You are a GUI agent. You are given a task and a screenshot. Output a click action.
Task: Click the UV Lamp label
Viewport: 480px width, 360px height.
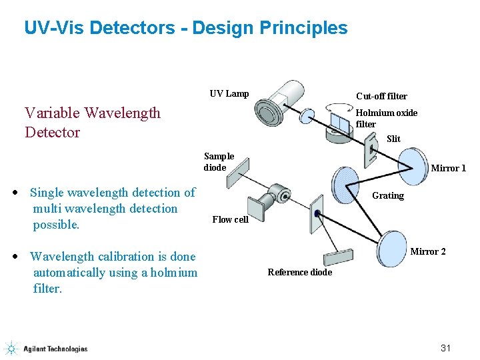pyautogui.click(x=229, y=93)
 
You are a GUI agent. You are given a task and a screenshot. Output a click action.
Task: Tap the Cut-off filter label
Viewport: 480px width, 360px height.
pyautogui.click(x=381, y=96)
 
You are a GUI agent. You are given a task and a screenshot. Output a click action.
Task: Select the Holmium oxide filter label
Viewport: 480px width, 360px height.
pyautogui.click(x=386, y=118)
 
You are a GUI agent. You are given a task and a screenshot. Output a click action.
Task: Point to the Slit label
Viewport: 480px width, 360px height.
pyautogui.click(x=393, y=139)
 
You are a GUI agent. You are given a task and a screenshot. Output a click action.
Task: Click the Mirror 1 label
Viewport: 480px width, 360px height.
pyautogui.click(x=448, y=168)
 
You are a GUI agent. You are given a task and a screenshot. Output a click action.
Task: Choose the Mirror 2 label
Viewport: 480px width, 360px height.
pyautogui.click(x=427, y=251)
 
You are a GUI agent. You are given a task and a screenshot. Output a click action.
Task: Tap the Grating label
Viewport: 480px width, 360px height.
pyautogui.click(x=387, y=195)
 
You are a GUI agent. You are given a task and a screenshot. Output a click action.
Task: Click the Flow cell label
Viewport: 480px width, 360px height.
pyautogui.click(x=230, y=219)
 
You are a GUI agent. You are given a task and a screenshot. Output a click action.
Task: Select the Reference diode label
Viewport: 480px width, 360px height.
pyautogui.click(x=299, y=272)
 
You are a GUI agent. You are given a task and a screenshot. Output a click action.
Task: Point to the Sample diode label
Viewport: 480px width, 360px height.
pyautogui.click(x=219, y=162)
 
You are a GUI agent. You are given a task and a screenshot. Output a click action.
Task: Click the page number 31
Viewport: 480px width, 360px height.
pyautogui.click(x=446, y=348)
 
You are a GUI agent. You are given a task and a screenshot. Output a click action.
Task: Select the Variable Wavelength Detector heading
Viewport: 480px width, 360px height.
pyautogui.click(x=92, y=122)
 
